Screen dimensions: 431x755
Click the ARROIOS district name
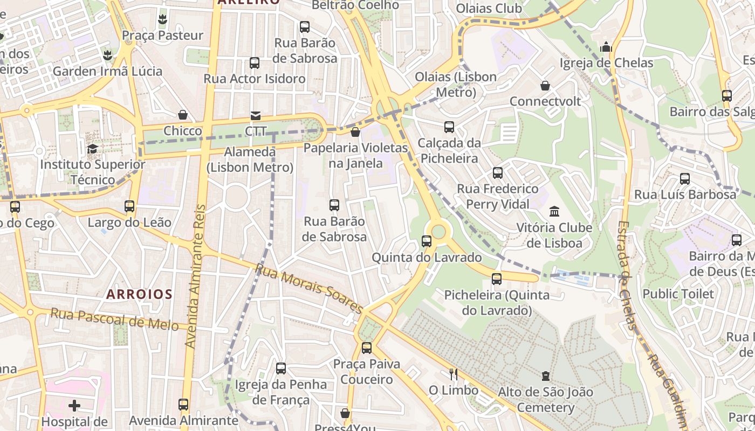click(x=139, y=294)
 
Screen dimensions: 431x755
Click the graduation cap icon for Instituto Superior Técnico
click(x=93, y=148)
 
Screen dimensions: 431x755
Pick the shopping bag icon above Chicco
click(x=183, y=115)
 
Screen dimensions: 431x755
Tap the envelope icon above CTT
click(x=255, y=116)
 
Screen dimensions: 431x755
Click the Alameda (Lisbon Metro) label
click(x=250, y=159)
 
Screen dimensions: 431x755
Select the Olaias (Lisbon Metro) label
click(x=456, y=85)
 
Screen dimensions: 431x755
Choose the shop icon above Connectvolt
click(x=545, y=86)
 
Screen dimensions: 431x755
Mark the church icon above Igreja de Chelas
click(x=606, y=47)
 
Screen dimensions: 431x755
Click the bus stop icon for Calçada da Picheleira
click(x=449, y=127)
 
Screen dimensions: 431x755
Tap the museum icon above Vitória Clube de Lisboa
click(x=554, y=211)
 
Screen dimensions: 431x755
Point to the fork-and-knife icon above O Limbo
click(x=454, y=374)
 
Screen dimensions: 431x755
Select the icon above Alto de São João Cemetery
click(x=546, y=376)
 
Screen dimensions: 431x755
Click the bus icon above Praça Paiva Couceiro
click(x=367, y=348)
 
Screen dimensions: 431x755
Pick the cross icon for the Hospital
click(x=74, y=405)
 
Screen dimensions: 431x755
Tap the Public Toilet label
click(x=678, y=294)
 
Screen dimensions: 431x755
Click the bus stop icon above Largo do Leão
click(x=129, y=206)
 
